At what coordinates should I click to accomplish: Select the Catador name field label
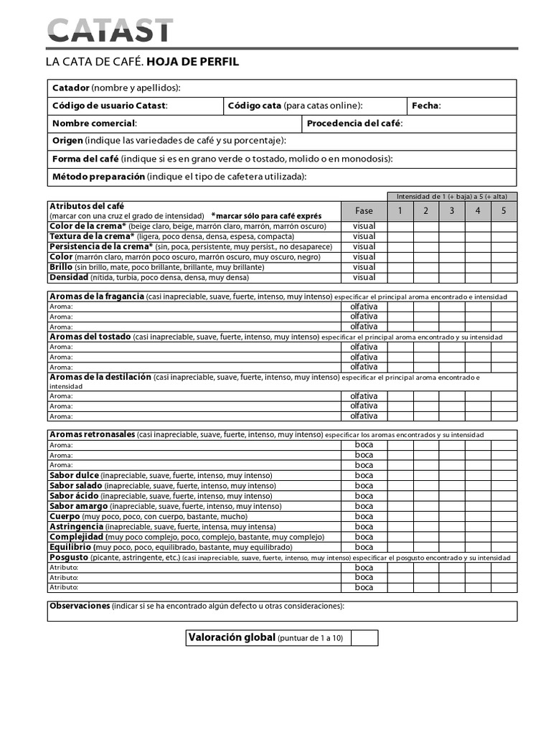click(x=71, y=88)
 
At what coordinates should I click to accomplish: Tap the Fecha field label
click(x=426, y=106)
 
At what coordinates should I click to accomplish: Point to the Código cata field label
click(x=255, y=106)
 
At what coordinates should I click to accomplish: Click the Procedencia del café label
click(x=354, y=123)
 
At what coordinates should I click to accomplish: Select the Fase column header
click(x=364, y=211)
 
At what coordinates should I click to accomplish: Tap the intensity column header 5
click(x=504, y=211)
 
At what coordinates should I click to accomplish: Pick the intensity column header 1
click(x=400, y=211)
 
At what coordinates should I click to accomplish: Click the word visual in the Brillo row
click(x=364, y=267)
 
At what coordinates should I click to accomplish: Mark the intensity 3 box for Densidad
click(x=451, y=277)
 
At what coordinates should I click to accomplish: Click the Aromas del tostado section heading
click(x=90, y=337)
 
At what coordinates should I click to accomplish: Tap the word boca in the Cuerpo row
click(x=364, y=516)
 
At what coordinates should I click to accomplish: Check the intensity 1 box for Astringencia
click(x=400, y=526)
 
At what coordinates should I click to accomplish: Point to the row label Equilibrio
click(x=70, y=547)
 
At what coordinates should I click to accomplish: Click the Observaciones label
click(x=79, y=606)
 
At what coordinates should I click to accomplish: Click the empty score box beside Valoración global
click(x=364, y=637)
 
